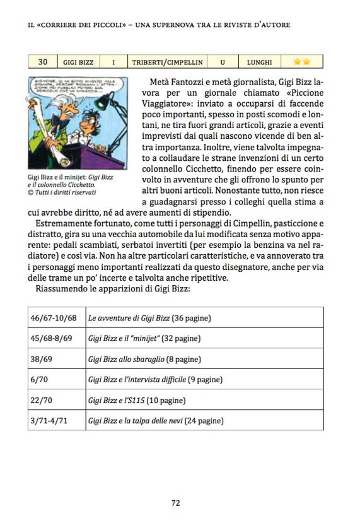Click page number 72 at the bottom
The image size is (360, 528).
(x=176, y=503)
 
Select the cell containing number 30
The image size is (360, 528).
(x=43, y=62)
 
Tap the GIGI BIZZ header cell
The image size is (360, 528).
(x=79, y=62)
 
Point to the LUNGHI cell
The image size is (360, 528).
(x=260, y=62)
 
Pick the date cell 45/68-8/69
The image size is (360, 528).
(x=52, y=338)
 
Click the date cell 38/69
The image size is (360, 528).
(x=42, y=359)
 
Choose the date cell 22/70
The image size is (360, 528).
(x=41, y=400)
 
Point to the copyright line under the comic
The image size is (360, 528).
(x=66, y=193)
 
